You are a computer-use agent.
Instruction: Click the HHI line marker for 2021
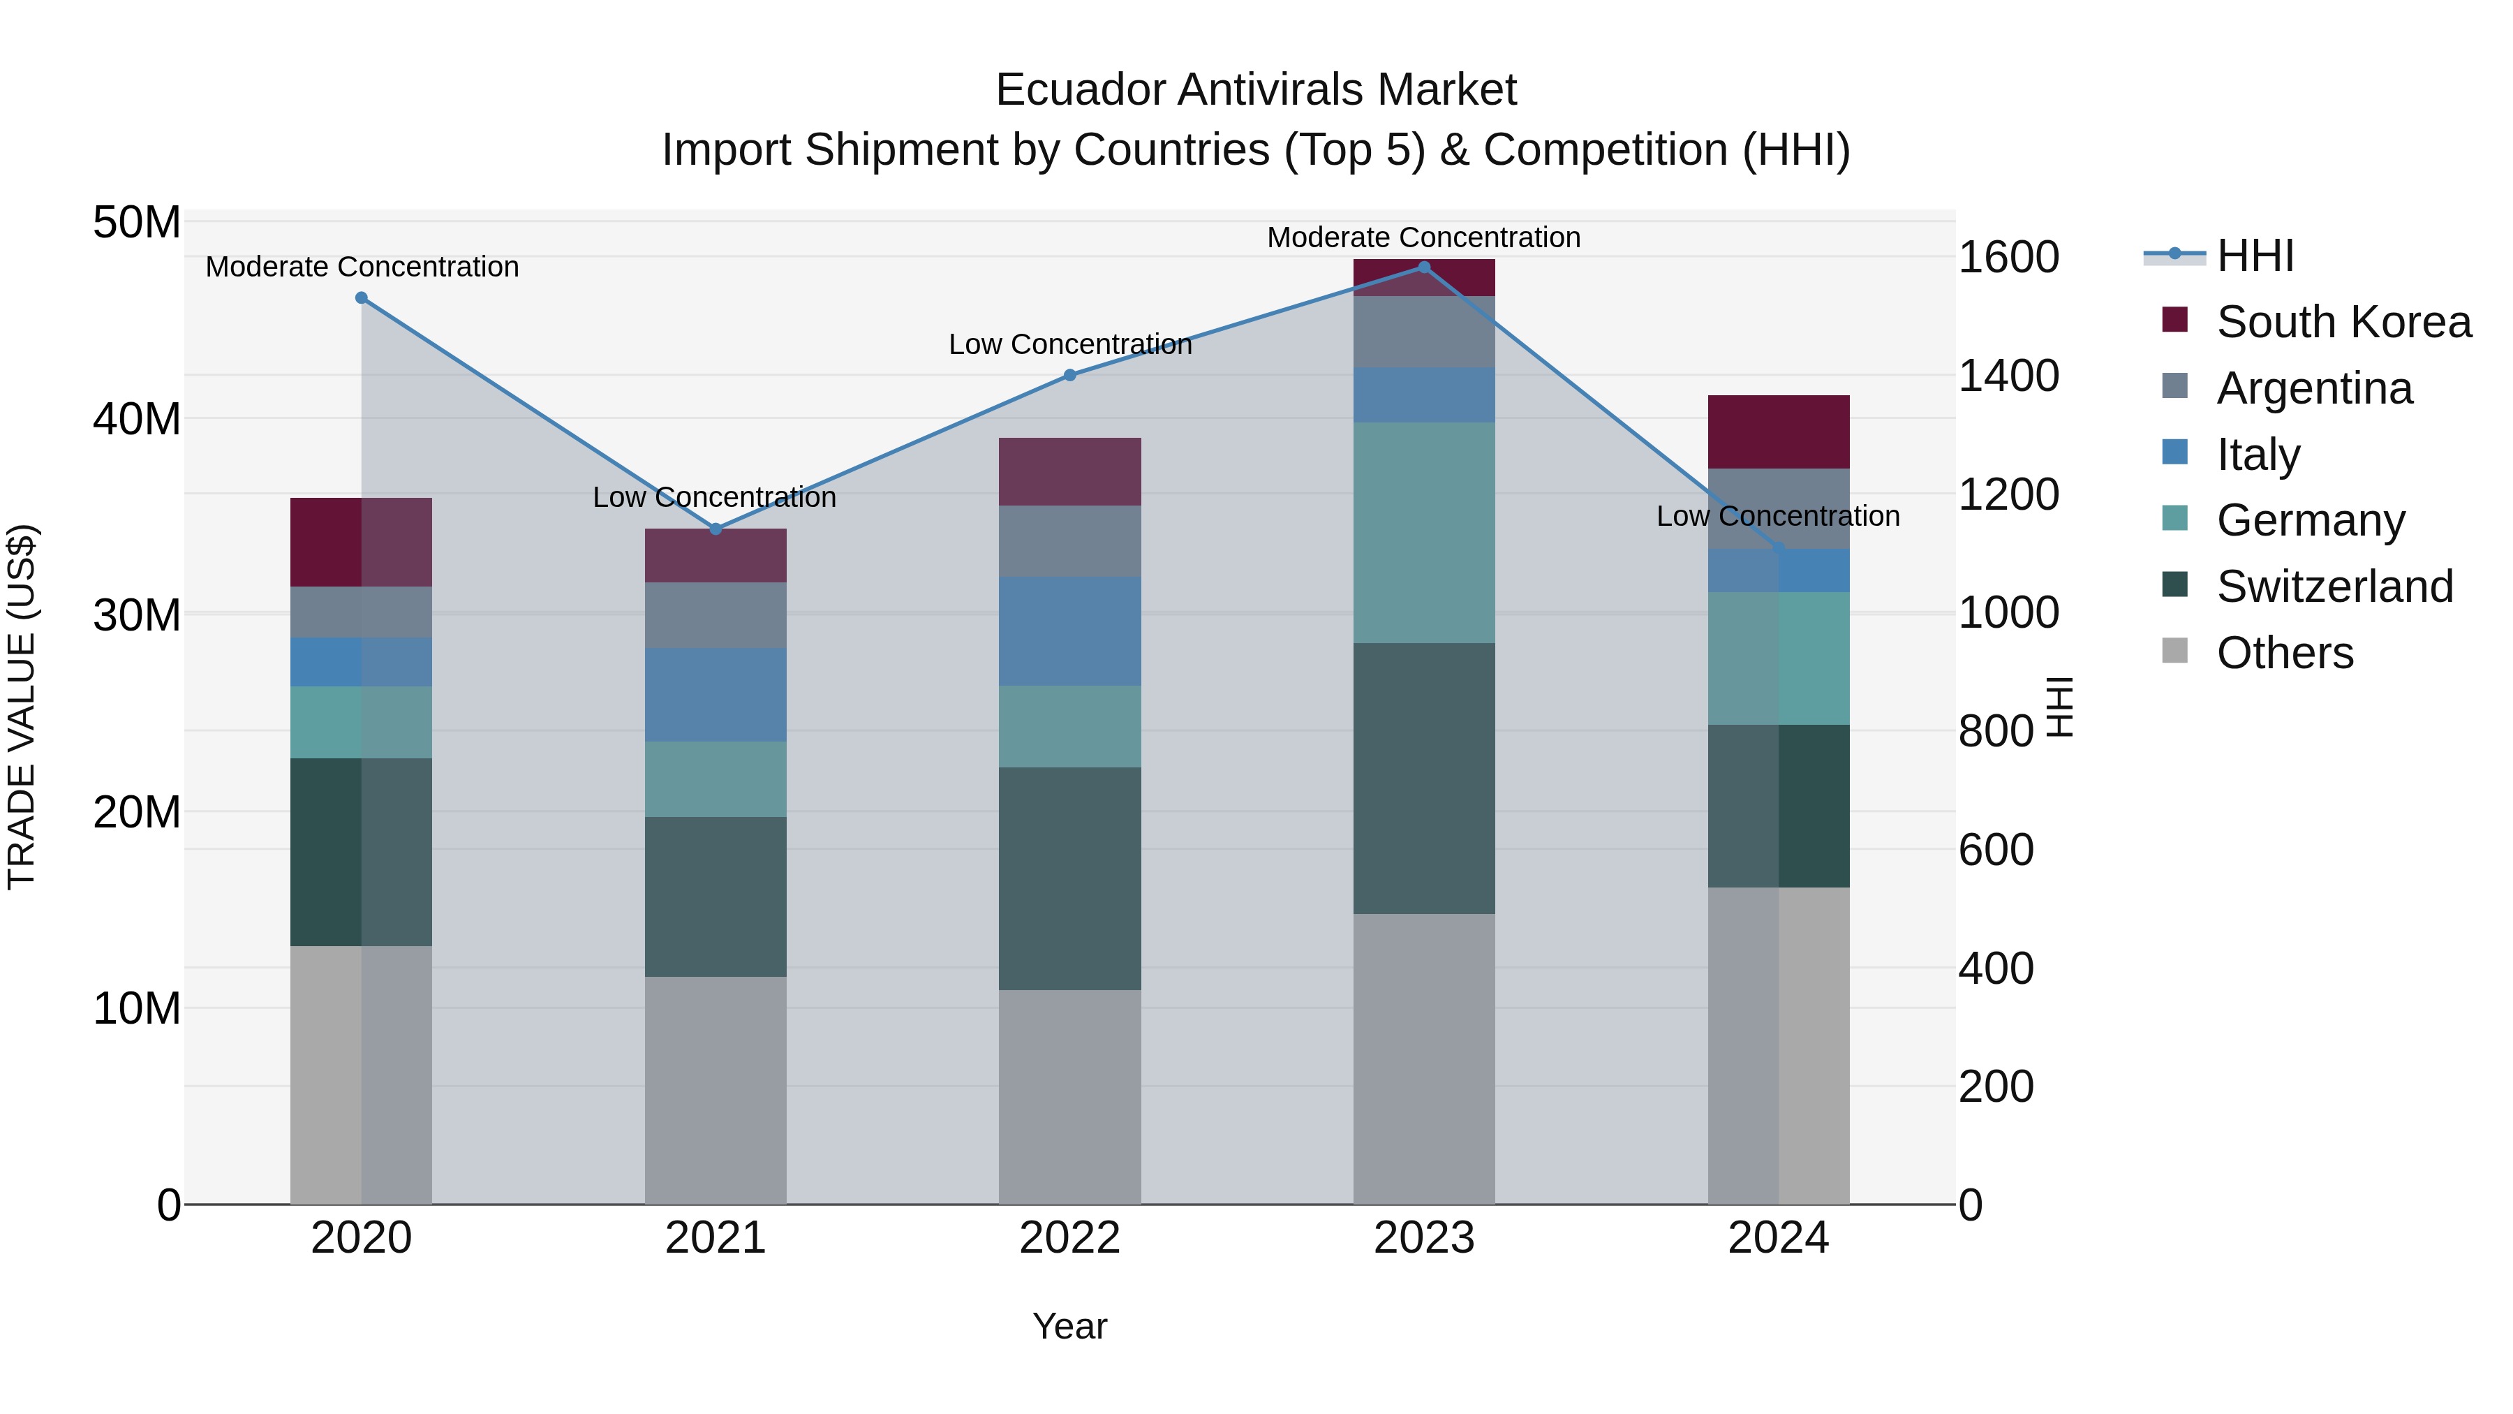(x=715, y=529)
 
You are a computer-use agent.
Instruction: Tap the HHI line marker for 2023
(x=1423, y=267)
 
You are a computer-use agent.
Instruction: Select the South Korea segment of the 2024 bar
(x=1779, y=432)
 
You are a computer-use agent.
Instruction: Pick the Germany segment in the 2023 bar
(x=1423, y=533)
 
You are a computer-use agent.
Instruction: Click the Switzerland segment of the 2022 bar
(x=1069, y=878)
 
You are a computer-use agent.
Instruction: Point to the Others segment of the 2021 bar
(x=715, y=1090)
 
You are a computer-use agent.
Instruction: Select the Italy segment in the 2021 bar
(x=715, y=694)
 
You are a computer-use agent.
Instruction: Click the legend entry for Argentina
(x=2314, y=388)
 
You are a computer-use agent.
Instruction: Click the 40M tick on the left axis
(x=137, y=420)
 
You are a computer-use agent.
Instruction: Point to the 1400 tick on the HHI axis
(x=2008, y=376)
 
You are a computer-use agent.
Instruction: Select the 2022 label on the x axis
(x=1069, y=1238)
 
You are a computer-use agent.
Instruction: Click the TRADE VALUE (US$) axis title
(x=22, y=707)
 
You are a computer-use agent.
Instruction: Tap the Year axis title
(x=1069, y=1326)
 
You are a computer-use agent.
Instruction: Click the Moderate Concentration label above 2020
(x=362, y=267)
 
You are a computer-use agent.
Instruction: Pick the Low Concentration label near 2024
(x=1777, y=515)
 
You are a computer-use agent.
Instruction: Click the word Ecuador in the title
(x=1079, y=90)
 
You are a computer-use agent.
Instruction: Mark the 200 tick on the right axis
(x=1996, y=1086)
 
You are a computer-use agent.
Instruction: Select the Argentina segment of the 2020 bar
(x=361, y=612)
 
